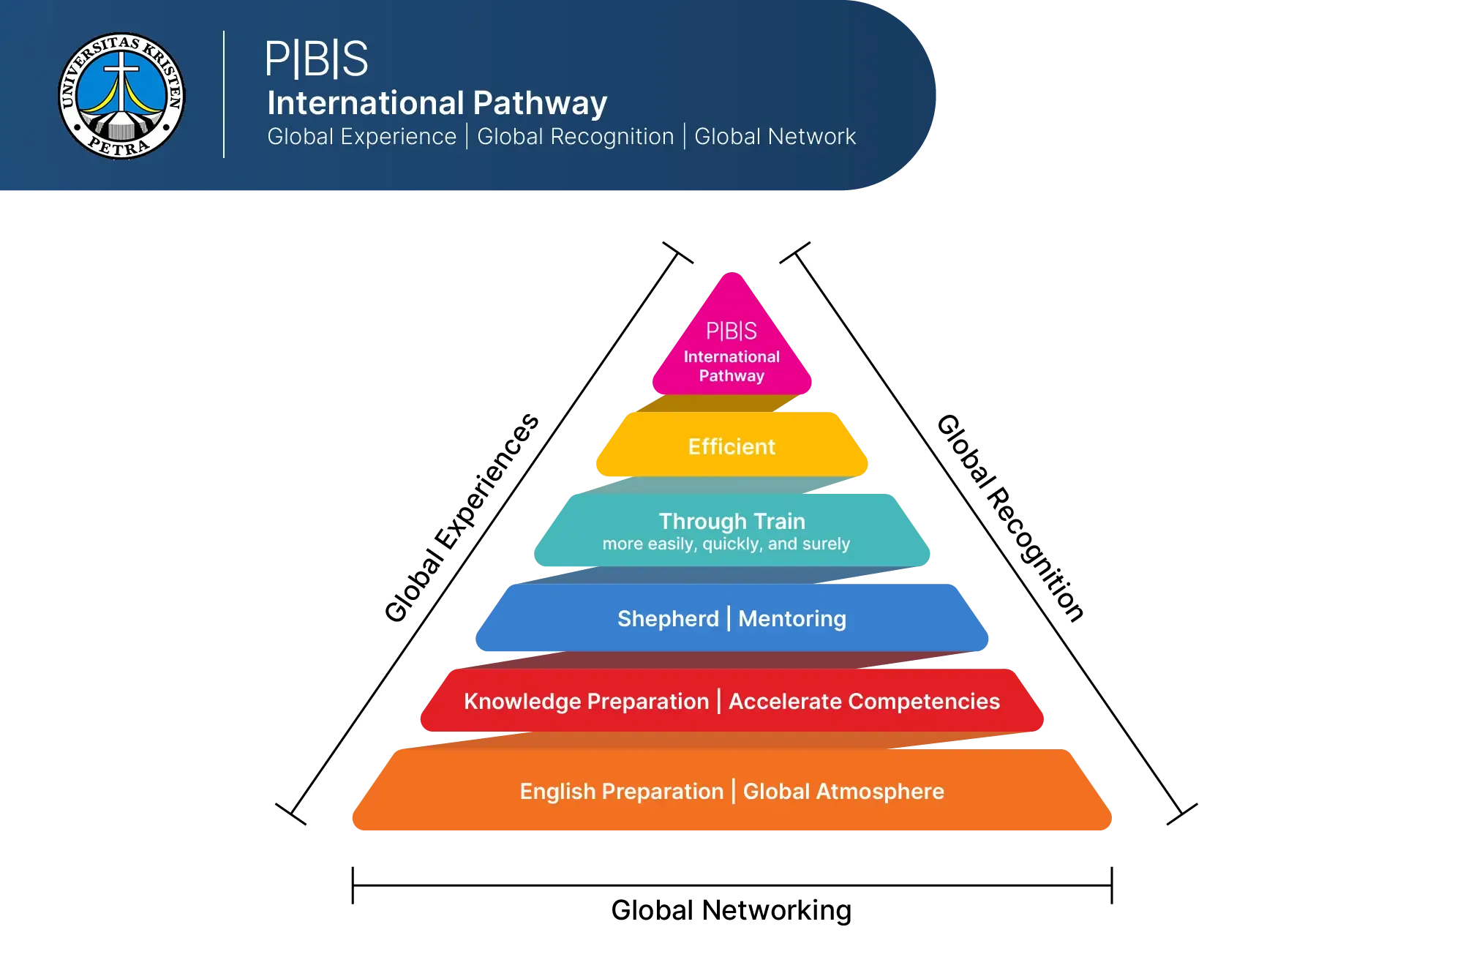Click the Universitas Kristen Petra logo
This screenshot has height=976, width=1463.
pos(121,96)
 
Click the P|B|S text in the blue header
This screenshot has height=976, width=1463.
pos(316,59)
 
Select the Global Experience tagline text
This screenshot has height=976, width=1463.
pos(361,137)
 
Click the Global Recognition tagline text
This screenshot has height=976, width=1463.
pos(575,137)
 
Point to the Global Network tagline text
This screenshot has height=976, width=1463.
pos(775,137)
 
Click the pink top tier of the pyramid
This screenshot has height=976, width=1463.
pos(731,344)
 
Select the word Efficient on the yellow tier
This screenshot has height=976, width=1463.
pos(731,446)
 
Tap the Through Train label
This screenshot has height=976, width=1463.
pos(731,521)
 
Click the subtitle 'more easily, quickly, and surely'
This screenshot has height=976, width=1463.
pos(726,544)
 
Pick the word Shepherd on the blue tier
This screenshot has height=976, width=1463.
pos(668,619)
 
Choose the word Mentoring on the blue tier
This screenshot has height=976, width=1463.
pos(792,619)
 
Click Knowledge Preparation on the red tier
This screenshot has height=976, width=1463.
pos(587,702)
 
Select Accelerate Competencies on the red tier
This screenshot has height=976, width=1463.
pos(864,702)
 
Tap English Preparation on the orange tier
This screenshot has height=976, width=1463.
pos(621,792)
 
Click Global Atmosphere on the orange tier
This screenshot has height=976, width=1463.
pos(843,792)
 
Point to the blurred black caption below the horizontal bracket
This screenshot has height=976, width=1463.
pos(731,912)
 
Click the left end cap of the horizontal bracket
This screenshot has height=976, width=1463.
pos(354,887)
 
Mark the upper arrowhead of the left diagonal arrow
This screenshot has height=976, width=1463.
pos(676,253)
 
